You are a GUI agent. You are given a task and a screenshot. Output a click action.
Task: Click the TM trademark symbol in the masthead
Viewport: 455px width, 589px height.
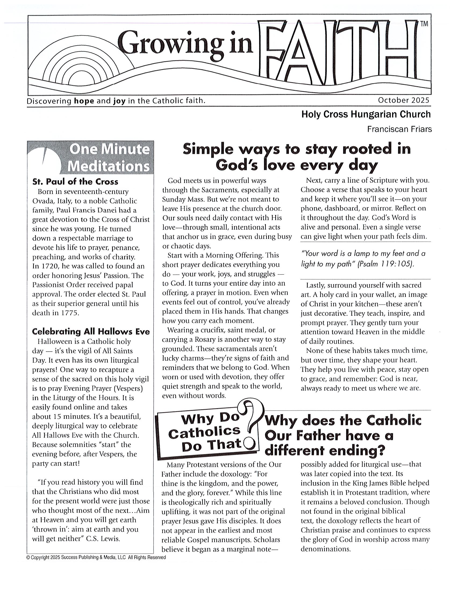coord(424,24)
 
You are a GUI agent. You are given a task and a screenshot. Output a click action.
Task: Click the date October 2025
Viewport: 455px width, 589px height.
coord(403,100)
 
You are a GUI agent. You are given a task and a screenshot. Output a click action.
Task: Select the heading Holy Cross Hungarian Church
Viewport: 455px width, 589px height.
coord(366,114)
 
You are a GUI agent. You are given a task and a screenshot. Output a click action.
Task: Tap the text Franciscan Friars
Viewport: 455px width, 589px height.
coord(399,129)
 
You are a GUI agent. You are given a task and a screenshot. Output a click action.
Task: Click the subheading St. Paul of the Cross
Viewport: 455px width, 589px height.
coord(75,182)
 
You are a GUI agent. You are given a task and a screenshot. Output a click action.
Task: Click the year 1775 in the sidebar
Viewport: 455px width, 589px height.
coord(70,313)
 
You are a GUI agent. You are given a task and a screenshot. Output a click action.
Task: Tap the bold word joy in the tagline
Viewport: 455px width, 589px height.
coord(119,101)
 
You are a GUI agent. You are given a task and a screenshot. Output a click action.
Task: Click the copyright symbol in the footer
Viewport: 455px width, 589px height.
coord(28,558)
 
